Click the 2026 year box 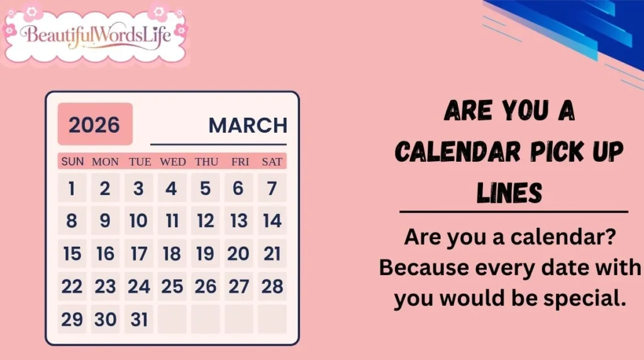(95, 124)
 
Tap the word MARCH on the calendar (247, 125)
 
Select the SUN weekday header (72, 162)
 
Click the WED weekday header (172, 162)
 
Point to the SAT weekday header (272, 162)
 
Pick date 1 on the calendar (72, 188)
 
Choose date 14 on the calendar (272, 221)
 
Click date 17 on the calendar (138, 254)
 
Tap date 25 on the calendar (172, 286)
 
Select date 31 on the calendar (138, 319)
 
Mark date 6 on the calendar (238, 188)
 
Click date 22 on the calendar (72, 286)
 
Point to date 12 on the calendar (205, 221)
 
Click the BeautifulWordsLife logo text (96, 34)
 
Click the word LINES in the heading (509, 191)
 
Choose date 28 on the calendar (272, 286)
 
